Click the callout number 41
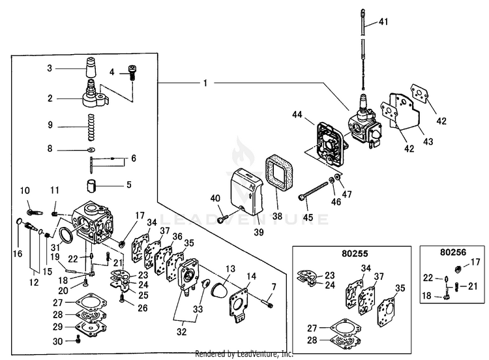(383, 22)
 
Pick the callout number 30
(57, 341)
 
